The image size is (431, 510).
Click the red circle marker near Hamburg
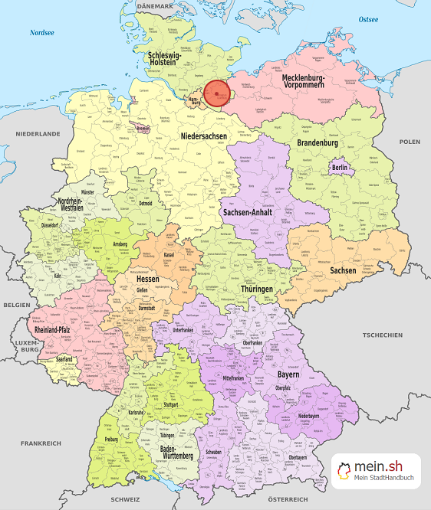(x=217, y=93)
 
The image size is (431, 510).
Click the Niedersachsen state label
(x=203, y=136)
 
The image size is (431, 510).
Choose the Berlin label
(x=340, y=168)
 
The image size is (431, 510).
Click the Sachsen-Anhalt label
(x=248, y=211)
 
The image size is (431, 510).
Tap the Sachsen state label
(x=343, y=270)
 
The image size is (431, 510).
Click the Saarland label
(x=64, y=358)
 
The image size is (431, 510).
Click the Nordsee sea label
(x=43, y=33)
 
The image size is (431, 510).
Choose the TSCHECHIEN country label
(x=381, y=335)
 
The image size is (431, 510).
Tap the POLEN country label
(x=410, y=142)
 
